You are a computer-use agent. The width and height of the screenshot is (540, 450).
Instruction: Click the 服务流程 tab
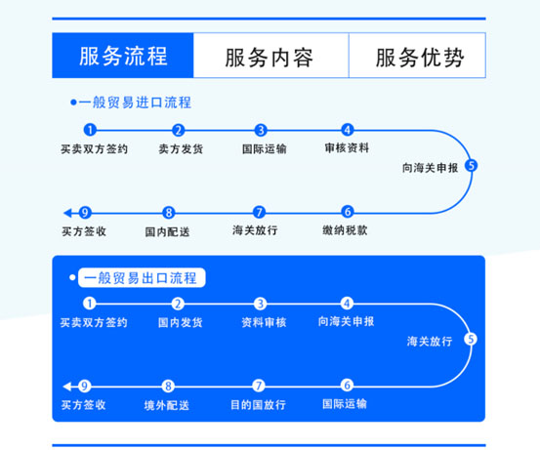(x=123, y=56)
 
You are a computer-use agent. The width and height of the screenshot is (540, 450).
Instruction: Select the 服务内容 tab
(x=271, y=56)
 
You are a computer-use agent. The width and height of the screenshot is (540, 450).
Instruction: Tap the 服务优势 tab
(x=417, y=56)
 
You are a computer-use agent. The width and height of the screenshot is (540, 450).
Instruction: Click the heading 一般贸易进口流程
(x=135, y=102)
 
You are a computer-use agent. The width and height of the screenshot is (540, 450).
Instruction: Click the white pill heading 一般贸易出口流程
(x=142, y=277)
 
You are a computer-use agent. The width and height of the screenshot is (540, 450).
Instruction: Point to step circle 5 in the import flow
(x=471, y=166)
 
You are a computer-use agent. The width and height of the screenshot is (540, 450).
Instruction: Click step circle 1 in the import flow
(x=90, y=130)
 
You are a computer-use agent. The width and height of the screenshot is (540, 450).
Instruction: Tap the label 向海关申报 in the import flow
(x=430, y=168)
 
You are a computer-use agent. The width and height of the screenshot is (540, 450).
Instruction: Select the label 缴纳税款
(x=345, y=230)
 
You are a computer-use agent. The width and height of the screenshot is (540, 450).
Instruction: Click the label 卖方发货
(x=181, y=148)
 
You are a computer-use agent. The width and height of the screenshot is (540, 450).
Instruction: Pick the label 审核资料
(x=347, y=147)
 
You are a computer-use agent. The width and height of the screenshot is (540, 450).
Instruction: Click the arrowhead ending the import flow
(x=67, y=213)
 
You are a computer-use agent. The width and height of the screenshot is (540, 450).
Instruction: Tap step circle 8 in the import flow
(x=168, y=213)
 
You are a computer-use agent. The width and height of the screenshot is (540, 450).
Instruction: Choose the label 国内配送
(x=167, y=231)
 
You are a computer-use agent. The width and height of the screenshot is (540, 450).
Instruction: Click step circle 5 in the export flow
(x=471, y=339)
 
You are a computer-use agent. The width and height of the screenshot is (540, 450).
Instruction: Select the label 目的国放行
(x=259, y=404)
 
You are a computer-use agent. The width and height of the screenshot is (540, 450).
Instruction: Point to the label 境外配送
(x=167, y=405)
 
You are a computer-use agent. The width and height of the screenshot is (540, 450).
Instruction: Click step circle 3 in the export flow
(x=261, y=304)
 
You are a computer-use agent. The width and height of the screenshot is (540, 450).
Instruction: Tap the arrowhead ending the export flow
(x=66, y=387)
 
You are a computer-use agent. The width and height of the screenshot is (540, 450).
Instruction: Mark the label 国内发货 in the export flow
(x=180, y=322)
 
